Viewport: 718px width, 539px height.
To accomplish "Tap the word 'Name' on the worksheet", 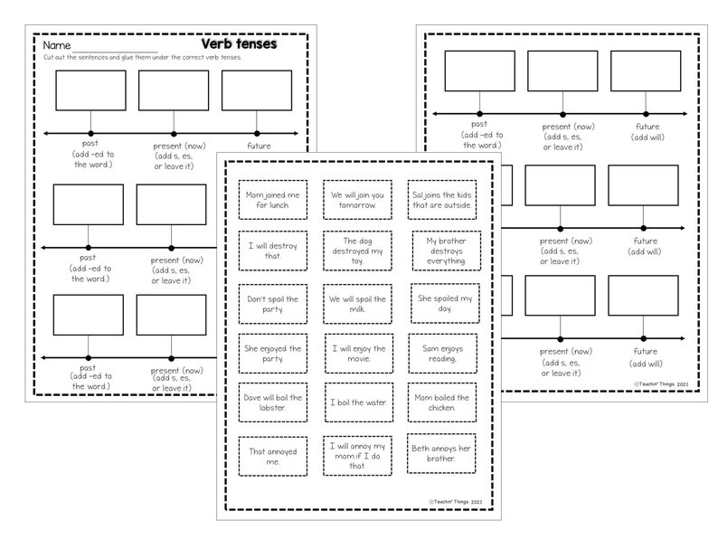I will (57, 45).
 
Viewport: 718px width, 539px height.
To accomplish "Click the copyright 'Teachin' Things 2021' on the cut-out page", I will (456, 500).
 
